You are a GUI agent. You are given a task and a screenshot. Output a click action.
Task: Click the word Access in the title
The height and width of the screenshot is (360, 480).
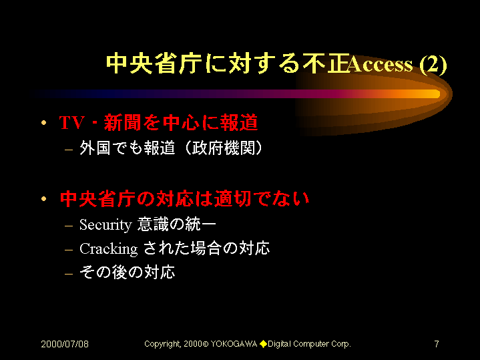coord(381,64)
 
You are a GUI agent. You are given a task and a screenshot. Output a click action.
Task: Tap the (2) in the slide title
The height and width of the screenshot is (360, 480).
coord(433,65)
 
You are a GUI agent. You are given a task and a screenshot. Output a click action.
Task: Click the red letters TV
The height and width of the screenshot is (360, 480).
coord(71,123)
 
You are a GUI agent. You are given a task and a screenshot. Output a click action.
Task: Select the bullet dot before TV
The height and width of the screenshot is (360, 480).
coord(44,123)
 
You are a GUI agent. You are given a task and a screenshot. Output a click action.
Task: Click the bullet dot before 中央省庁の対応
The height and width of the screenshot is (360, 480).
coord(44,199)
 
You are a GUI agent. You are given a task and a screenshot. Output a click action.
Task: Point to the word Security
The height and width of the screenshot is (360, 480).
coord(105,225)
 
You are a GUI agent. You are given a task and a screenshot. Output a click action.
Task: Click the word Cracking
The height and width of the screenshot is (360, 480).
coord(109,249)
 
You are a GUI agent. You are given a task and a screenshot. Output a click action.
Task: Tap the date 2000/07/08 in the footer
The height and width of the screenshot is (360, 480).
coord(65,344)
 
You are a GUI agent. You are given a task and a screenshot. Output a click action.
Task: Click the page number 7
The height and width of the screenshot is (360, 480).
coord(437,344)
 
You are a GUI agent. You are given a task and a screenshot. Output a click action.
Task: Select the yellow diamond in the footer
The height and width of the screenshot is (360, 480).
coord(263,344)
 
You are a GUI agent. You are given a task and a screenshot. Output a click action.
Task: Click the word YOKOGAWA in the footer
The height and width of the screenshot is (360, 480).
coord(234,344)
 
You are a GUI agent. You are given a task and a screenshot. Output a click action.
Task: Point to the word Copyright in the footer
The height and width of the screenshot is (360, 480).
coord(163,345)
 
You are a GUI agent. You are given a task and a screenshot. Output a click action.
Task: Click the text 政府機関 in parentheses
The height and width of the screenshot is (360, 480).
coord(224,148)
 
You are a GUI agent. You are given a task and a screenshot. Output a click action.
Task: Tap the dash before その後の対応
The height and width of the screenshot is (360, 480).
coord(69,273)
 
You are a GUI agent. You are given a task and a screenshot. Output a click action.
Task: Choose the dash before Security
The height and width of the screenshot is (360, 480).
coord(69,226)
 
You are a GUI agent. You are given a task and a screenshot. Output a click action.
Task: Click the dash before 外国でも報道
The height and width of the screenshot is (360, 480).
coord(69,150)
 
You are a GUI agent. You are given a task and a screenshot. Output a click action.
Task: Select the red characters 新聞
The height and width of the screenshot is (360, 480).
coord(122,123)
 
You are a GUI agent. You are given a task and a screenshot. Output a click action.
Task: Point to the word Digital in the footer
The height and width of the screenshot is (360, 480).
coord(280,345)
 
